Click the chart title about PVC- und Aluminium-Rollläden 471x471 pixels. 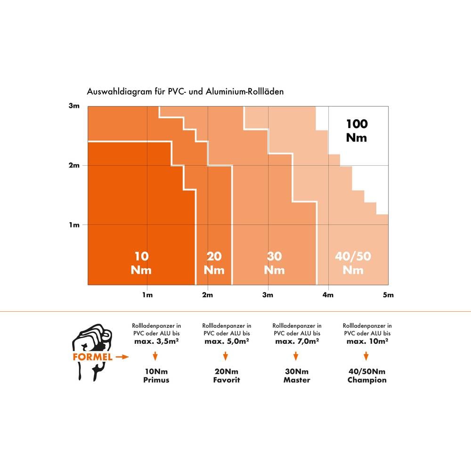click(x=185, y=92)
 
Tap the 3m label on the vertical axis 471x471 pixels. click(x=74, y=106)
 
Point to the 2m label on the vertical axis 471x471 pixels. click(x=74, y=166)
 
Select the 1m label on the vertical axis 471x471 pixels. click(x=74, y=225)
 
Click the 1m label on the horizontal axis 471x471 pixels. click(x=147, y=295)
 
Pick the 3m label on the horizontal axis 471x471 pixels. click(x=268, y=295)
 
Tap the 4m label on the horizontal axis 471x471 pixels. click(x=328, y=295)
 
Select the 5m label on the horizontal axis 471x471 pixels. click(x=388, y=295)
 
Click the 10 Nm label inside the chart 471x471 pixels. click(x=141, y=263)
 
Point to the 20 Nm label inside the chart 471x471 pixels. click(x=214, y=263)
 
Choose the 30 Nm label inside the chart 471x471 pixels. click(x=275, y=263)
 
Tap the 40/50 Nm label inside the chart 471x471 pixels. click(x=353, y=263)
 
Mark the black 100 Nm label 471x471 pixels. click(x=357, y=130)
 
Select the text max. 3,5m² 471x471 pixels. click(x=156, y=341)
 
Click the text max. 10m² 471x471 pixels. click(x=367, y=341)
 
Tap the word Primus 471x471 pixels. click(x=156, y=380)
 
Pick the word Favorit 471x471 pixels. click(x=227, y=380)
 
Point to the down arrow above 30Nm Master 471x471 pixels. click(x=297, y=355)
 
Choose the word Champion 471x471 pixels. click(x=367, y=380)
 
